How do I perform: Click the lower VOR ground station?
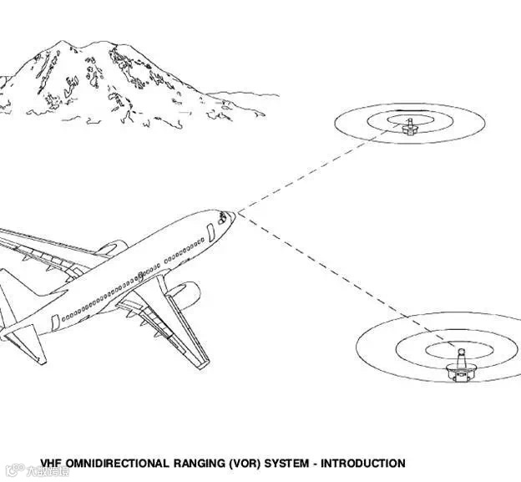point(458,366)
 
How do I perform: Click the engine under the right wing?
point(184,294)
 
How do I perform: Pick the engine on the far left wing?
point(110,248)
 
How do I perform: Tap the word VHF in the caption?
point(53,464)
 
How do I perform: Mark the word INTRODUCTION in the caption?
point(365,464)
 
